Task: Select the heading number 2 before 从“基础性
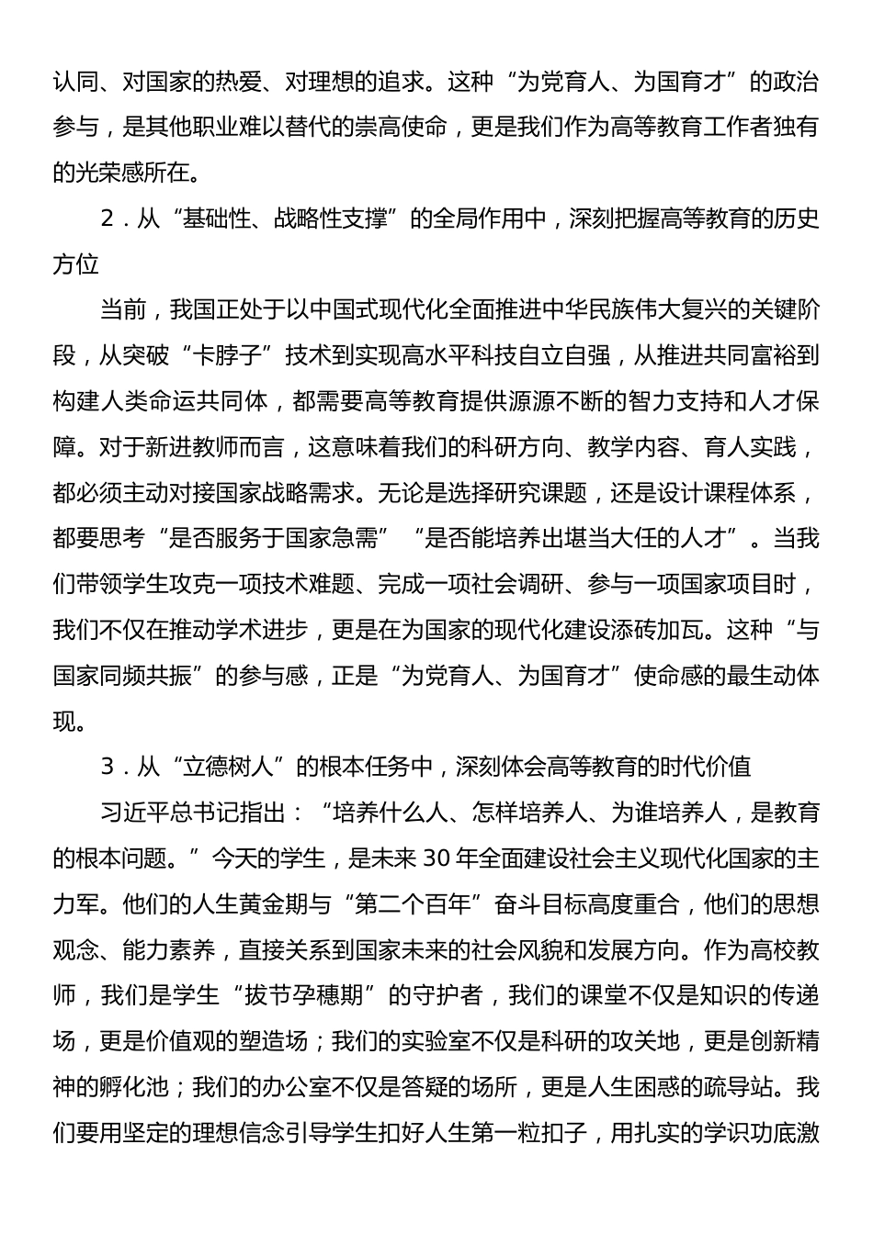click(108, 219)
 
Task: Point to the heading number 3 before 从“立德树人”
click(108, 767)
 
